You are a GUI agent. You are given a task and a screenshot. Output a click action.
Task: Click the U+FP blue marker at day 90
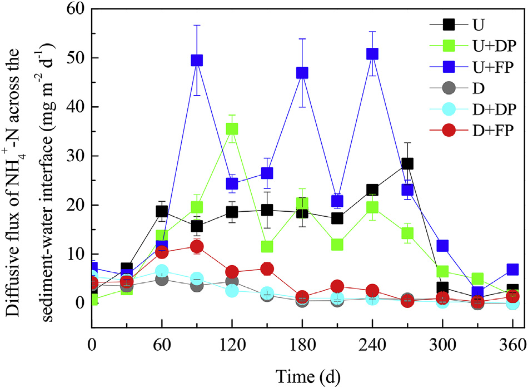197,60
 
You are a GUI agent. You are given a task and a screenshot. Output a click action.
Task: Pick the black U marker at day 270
407,163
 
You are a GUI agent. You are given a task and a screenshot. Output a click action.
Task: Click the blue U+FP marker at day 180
302,73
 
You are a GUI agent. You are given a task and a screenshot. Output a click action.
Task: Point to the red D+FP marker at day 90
197,246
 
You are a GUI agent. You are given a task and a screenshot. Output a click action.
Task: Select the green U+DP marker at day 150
267,246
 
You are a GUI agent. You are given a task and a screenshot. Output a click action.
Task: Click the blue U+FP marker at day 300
442,246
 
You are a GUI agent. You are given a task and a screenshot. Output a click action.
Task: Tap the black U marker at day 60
162,211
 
